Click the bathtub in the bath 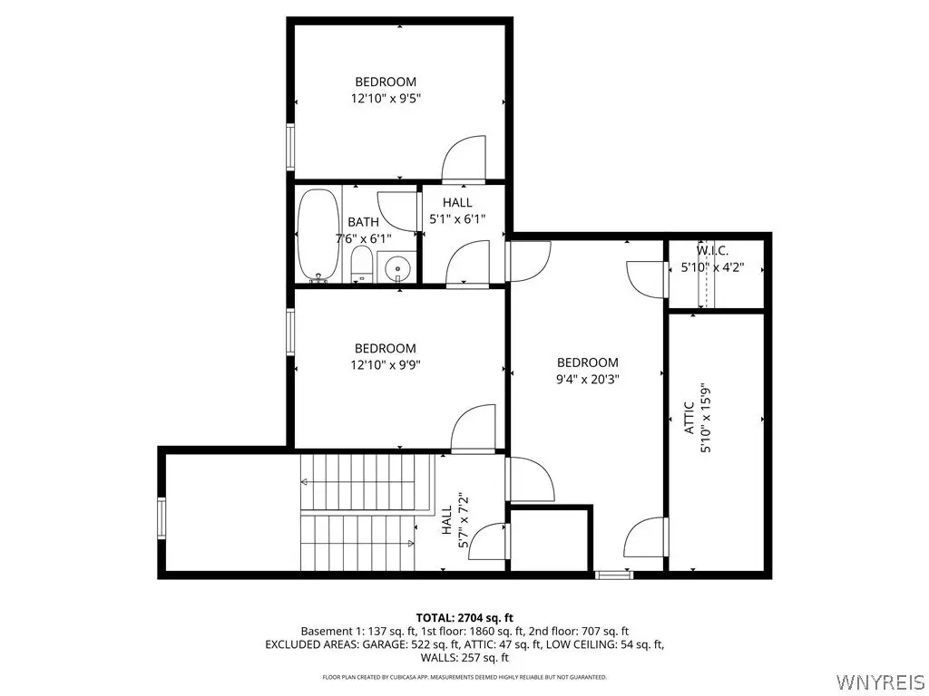coord(318,235)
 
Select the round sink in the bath coord(397,269)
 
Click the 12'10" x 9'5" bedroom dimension coord(386,98)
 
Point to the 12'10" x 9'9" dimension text coord(386,365)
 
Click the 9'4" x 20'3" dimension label coord(588,380)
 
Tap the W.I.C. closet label coord(712,250)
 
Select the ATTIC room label coord(689,418)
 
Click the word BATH coord(363,222)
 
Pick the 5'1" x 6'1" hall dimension coord(457,219)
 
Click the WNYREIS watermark coord(878,681)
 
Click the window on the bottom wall coord(614,574)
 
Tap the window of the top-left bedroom coord(290,147)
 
